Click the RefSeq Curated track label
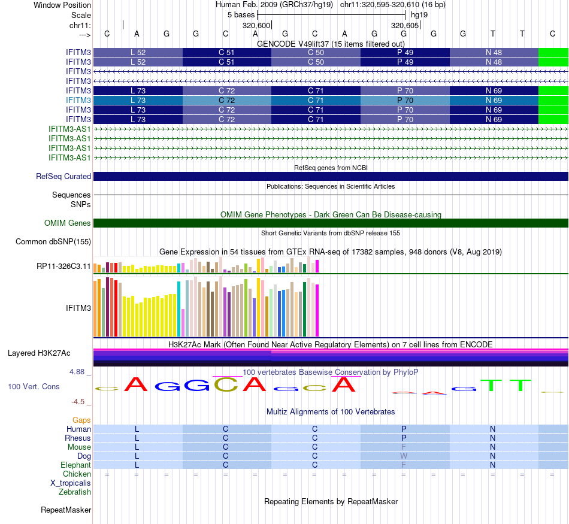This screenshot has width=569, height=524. [x=63, y=177]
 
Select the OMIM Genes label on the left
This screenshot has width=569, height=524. [x=68, y=223]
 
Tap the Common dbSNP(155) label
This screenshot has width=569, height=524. [x=53, y=241]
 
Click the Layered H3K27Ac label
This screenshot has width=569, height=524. [x=39, y=353]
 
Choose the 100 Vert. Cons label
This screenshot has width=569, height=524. [x=34, y=387]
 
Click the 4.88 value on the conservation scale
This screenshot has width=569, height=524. [x=78, y=372]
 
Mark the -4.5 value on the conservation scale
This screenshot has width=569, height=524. [x=79, y=402]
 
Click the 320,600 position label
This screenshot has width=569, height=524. [x=256, y=26]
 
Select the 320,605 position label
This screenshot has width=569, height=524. [x=405, y=26]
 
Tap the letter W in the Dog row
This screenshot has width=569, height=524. [x=404, y=456]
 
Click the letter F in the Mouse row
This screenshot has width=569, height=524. [x=404, y=447]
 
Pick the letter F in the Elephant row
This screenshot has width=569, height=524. [x=404, y=465]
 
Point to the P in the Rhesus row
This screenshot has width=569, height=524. [x=404, y=438]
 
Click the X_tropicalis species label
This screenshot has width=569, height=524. [x=71, y=483]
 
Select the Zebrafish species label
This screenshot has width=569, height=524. [x=75, y=492]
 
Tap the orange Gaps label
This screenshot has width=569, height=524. [x=81, y=420]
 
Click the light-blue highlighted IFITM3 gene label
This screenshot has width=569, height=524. [x=78, y=101]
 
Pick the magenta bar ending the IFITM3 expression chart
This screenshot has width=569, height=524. [x=317, y=310]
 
